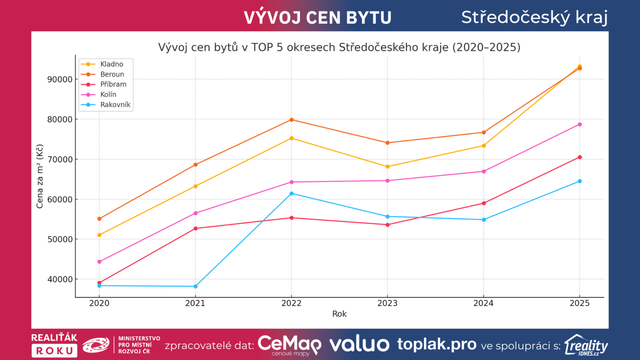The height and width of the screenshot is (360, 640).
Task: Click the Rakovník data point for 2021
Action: click(x=196, y=286)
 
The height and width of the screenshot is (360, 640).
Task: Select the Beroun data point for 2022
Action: click(x=292, y=120)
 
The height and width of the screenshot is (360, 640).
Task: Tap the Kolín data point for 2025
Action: click(x=580, y=124)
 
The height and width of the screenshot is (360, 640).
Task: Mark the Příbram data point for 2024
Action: click(x=484, y=203)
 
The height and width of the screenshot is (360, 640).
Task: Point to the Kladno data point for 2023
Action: click(x=388, y=166)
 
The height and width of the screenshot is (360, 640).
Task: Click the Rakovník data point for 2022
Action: click(x=292, y=194)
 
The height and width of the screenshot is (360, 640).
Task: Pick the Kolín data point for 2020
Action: click(x=100, y=262)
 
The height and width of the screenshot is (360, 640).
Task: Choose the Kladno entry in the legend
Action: click(x=112, y=64)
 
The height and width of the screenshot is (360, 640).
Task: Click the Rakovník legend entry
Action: click(x=115, y=105)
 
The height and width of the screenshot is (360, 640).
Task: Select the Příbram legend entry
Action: click(x=113, y=84)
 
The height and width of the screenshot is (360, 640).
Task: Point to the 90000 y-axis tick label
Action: click(x=60, y=79)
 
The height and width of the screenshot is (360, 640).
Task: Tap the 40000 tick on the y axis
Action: click(x=60, y=279)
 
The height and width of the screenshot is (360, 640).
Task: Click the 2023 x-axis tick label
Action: click(x=388, y=303)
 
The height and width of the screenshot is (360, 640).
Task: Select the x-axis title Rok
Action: click(x=339, y=314)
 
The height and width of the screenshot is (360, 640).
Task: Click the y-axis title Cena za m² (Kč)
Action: click(x=40, y=176)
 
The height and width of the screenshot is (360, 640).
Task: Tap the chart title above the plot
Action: click(x=339, y=47)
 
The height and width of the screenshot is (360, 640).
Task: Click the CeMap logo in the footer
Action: click(x=289, y=345)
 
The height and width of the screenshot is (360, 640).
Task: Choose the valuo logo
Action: click(x=359, y=344)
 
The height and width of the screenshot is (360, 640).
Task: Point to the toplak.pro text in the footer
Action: click(x=437, y=344)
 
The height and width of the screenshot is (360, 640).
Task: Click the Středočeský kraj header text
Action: click(x=534, y=18)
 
